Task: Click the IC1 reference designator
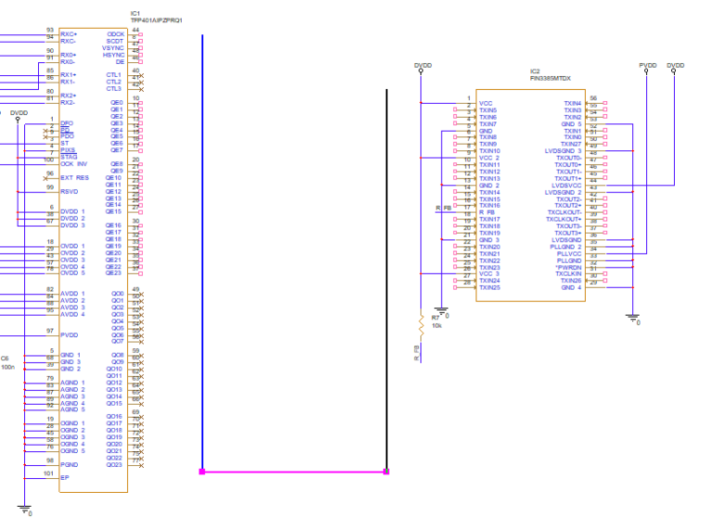[x=136, y=13]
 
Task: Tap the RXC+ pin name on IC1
[x=69, y=33]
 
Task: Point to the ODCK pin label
[x=116, y=33]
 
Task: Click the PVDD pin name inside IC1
[x=70, y=331]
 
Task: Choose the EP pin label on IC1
[x=65, y=477]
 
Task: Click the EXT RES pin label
[x=74, y=177]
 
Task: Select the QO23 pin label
[x=114, y=464]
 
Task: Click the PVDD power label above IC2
[x=648, y=66]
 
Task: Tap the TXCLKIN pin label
[x=567, y=273]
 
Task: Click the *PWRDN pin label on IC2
[x=567, y=267]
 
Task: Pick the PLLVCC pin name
[x=568, y=253]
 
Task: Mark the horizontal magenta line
[x=294, y=472]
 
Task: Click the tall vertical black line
[x=387, y=278]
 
